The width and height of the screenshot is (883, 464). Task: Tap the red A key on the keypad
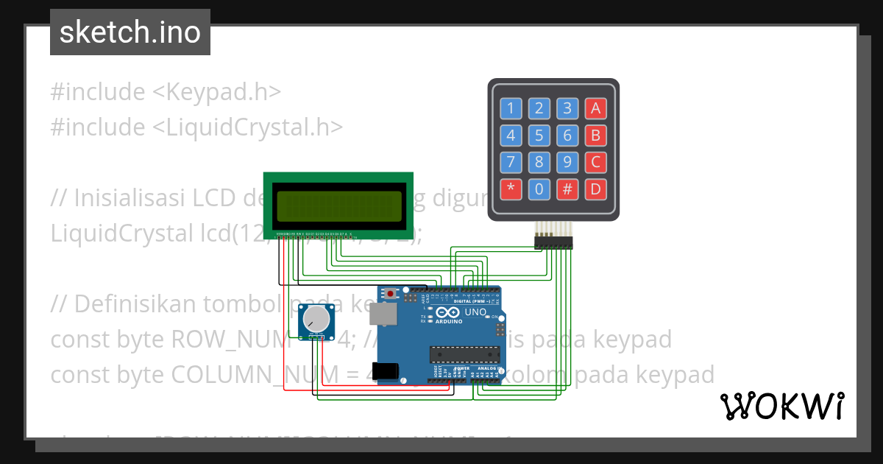tap(595, 109)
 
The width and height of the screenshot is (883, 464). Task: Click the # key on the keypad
tap(567, 189)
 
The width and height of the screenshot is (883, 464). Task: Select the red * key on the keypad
tap(511, 189)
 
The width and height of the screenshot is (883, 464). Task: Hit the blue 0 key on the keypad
tap(539, 189)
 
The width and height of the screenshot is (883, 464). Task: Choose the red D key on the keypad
tap(595, 189)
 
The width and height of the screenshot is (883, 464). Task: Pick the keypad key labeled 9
tap(567, 162)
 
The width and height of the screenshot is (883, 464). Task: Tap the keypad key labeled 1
tap(511, 109)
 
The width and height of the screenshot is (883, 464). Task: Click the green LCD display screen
tap(338, 206)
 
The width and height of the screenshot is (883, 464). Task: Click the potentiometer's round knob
tap(316, 319)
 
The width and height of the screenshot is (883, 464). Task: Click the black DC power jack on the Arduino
tap(389, 370)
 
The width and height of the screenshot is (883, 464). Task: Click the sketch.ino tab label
tap(130, 32)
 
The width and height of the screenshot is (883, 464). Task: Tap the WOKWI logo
tap(781, 407)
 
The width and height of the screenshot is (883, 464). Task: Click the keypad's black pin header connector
tap(553, 242)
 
